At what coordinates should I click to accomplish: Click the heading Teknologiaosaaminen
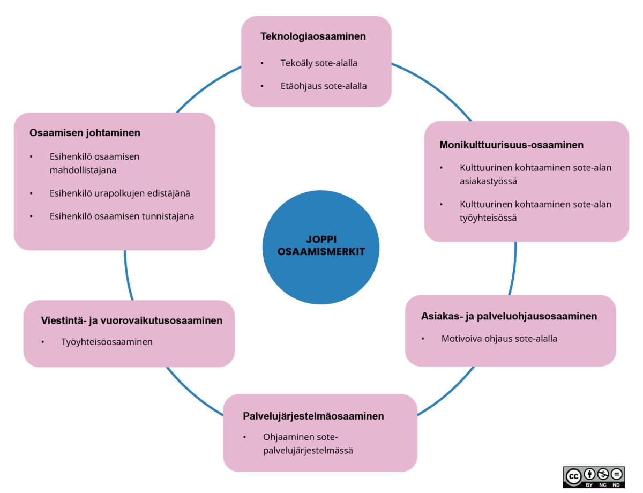click(313, 36)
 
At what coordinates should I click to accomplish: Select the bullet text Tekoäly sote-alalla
click(319, 63)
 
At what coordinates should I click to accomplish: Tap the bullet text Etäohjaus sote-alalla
click(324, 85)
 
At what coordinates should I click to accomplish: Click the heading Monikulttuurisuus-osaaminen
click(511, 145)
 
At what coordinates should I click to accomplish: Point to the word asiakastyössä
click(488, 181)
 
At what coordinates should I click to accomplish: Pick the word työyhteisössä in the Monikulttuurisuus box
click(488, 218)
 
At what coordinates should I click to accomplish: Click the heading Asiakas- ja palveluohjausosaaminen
click(509, 316)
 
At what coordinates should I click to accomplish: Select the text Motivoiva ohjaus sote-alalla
click(499, 339)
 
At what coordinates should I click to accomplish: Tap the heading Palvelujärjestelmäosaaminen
click(313, 416)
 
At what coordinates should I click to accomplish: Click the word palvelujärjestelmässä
click(308, 451)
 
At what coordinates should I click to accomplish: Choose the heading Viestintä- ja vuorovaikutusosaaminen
click(131, 320)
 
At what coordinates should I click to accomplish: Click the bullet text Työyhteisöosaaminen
click(107, 342)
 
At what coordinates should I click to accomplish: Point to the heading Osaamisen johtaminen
click(85, 132)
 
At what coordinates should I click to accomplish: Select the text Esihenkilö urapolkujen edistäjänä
click(119, 193)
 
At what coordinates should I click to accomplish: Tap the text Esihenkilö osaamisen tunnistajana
click(122, 216)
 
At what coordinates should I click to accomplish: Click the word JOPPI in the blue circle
click(321, 240)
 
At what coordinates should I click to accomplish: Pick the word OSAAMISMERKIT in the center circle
click(322, 251)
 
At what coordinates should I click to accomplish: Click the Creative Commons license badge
click(594, 476)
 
